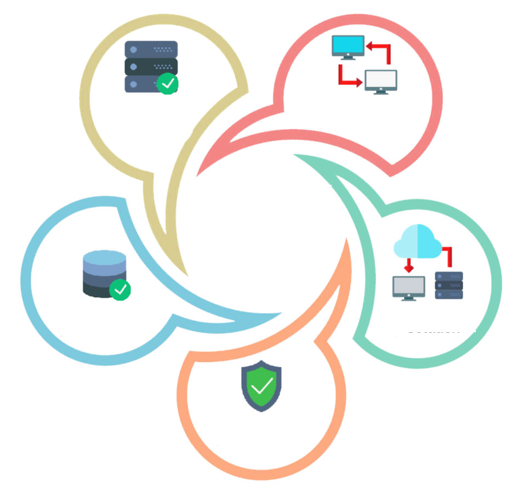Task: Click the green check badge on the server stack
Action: [167, 84]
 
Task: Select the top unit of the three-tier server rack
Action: [151, 49]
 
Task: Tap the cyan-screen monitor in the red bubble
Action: [348, 47]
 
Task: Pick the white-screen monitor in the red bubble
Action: [381, 81]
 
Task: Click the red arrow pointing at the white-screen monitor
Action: [349, 77]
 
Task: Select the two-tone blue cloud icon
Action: [417, 241]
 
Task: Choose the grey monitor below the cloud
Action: [409, 287]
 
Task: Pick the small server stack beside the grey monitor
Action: [449, 285]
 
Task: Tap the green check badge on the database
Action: [120, 289]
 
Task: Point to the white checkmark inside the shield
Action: [261, 386]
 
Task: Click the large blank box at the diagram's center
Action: [262, 225]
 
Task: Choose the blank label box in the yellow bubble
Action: [145, 113]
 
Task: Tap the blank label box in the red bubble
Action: [363, 112]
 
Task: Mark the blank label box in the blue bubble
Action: [103, 317]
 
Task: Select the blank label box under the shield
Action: [260, 427]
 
